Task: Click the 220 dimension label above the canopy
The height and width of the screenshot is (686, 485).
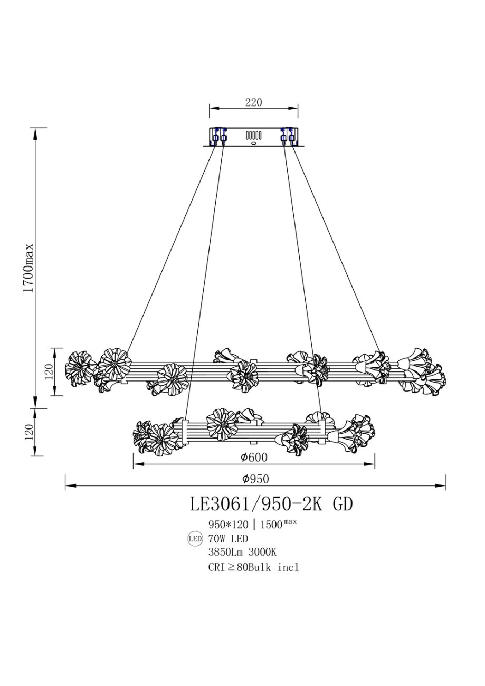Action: [253, 102]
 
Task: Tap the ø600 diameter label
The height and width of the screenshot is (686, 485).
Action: [254, 457]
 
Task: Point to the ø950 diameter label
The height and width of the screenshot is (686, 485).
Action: [255, 479]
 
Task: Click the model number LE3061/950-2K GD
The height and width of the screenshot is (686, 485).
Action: [271, 504]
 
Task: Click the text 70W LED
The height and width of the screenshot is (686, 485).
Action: [228, 538]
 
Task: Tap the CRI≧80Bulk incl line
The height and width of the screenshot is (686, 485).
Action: [253, 567]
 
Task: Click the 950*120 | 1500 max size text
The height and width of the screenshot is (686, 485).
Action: [252, 523]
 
